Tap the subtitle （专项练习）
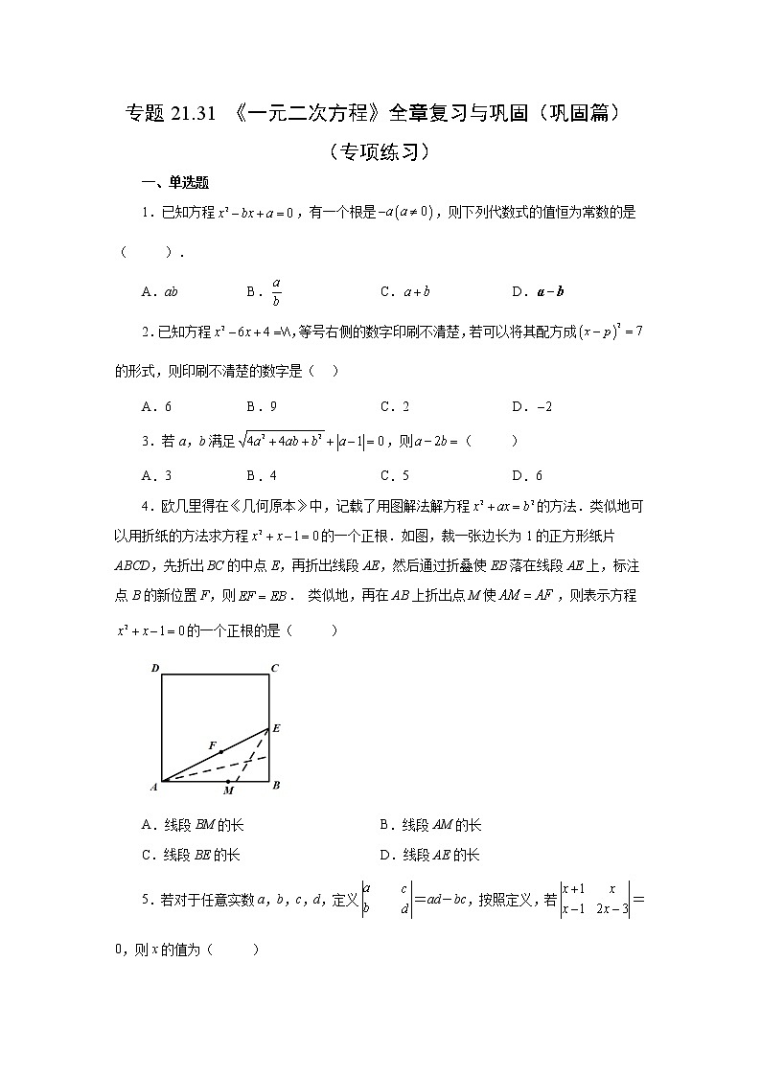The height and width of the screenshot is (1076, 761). (x=379, y=151)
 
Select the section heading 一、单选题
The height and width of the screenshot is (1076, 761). (x=175, y=183)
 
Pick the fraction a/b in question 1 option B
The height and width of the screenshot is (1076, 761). (x=276, y=291)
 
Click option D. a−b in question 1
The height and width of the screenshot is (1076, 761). (x=538, y=291)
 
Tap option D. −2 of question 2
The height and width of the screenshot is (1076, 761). (x=533, y=406)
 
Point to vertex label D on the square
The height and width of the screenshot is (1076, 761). (x=154, y=668)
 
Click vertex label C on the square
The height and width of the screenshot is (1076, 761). (x=275, y=668)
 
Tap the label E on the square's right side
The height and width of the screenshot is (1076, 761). (x=276, y=728)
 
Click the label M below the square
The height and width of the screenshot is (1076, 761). (x=227, y=791)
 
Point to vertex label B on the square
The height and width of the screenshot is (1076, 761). (x=276, y=786)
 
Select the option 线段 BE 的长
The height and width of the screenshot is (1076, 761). (x=190, y=855)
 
